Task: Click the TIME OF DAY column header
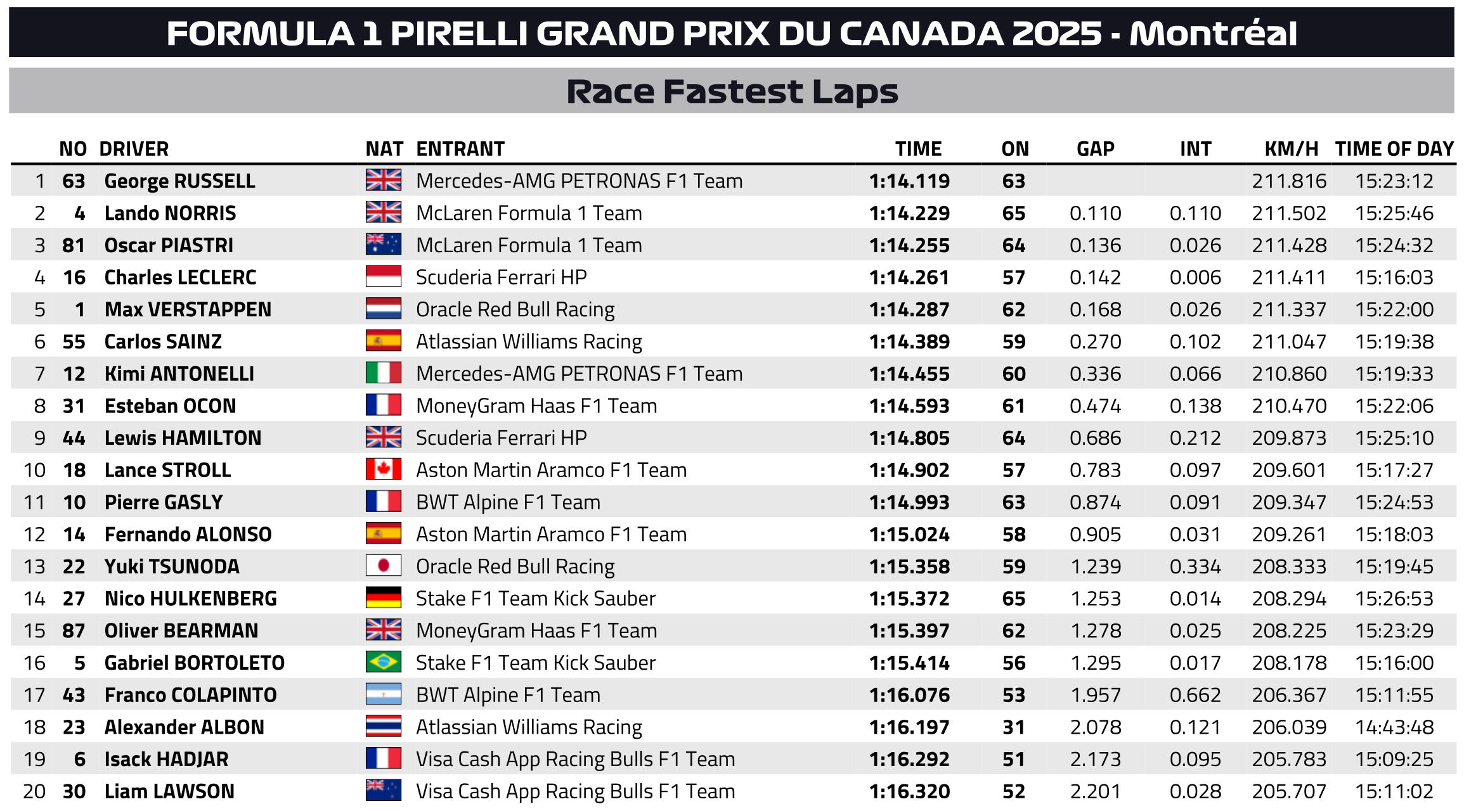[x=1394, y=149]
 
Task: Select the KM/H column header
[x=1291, y=149]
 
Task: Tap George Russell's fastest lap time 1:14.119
[x=909, y=181]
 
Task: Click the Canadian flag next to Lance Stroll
[x=383, y=469]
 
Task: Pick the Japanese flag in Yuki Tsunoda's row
[x=383, y=566]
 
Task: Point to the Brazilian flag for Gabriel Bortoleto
[x=383, y=662]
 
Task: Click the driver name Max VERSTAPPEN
[x=188, y=309]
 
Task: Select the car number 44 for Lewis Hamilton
[x=74, y=438]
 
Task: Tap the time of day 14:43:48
[x=1394, y=727]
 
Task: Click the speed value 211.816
[x=1289, y=181]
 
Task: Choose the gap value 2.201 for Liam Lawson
[x=1096, y=791]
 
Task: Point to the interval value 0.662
[x=1195, y=695]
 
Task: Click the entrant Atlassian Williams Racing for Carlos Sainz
[x=529, y=342]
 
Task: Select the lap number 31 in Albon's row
[x=1013, y=727]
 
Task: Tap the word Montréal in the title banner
[x=1213, y=33]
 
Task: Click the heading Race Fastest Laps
[x=732, y=92]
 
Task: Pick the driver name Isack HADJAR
[x=166, y=759]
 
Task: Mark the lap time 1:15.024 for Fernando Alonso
[x=909, y=534]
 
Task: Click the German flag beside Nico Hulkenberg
[x=383, y=597]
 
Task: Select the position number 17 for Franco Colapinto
[x=34, y=695]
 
